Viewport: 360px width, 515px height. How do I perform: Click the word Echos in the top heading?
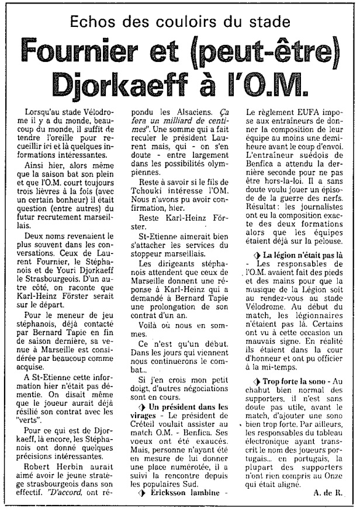[x=94, y=25]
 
